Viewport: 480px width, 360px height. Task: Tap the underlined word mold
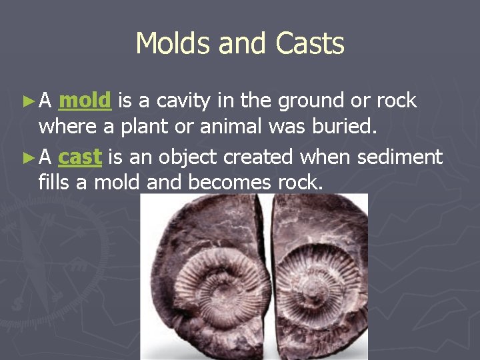(x=85, y=101)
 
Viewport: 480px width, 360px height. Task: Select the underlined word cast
(x=80, y=157)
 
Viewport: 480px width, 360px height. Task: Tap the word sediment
(x=400, y=157)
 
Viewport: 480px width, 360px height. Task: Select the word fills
(x=54, y=182)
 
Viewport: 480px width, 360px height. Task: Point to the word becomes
(x=227, y=182)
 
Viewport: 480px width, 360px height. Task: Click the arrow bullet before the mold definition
(x=27, y=101)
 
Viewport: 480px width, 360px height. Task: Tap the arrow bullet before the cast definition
(x=27, y=158)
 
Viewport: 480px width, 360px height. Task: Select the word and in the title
(x=241, y=44)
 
